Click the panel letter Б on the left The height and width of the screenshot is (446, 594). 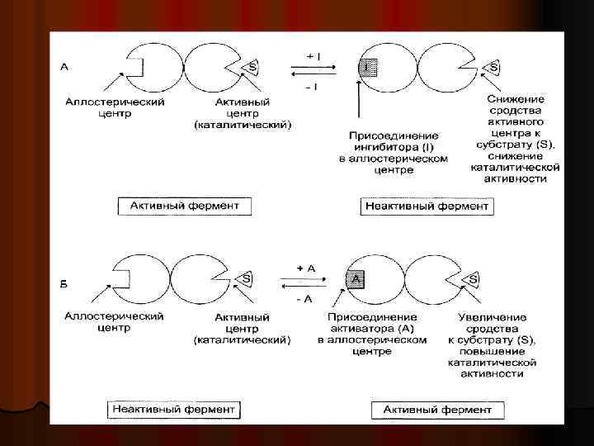(x=64, y=284)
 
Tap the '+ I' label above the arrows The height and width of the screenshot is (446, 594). (x=313, y=55)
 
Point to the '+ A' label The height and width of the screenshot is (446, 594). (x=305, y=269)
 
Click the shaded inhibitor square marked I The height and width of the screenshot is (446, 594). (x=367, y=68)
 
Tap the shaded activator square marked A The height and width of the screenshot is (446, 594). (x=356, y=280)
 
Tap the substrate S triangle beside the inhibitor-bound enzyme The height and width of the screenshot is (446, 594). (x=493, y=65)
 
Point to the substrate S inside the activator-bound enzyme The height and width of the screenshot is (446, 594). (x=473, y=280)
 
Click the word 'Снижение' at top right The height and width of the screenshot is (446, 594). (x=515, y=99)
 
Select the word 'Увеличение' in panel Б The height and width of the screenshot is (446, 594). (x=492, y=317)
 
